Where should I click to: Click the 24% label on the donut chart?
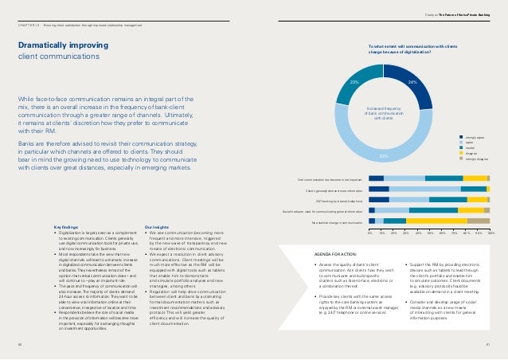412,81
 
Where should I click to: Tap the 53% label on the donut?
384,157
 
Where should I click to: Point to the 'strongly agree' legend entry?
477,137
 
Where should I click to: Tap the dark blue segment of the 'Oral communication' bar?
376,178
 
